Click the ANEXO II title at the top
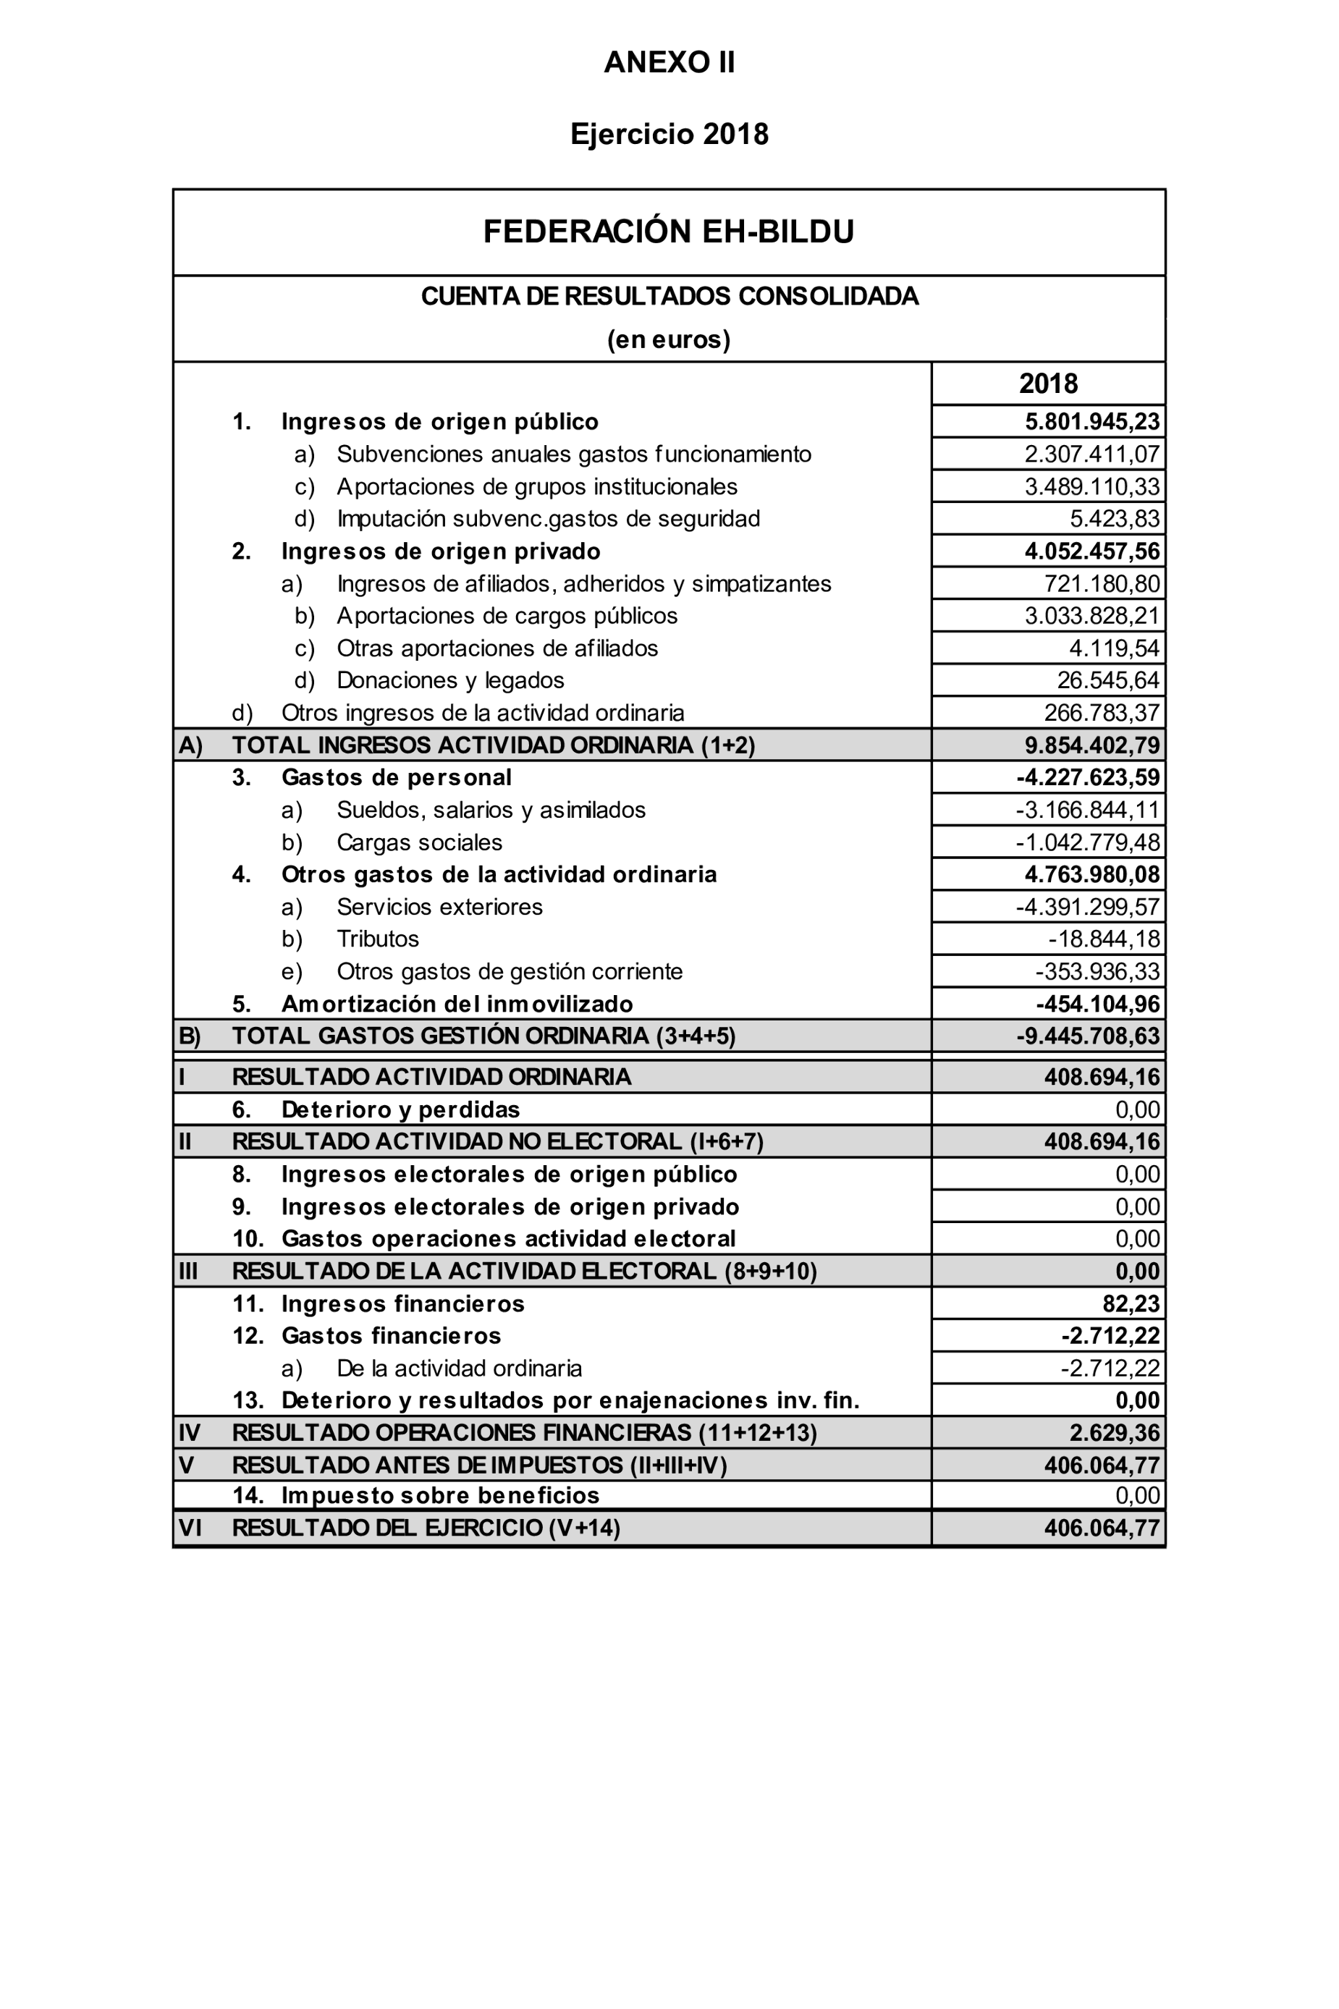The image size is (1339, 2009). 669,62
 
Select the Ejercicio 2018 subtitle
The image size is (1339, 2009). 669,134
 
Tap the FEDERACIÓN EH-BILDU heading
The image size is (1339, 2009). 669,232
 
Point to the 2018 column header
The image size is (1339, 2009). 1048,384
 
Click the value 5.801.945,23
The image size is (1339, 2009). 1092,422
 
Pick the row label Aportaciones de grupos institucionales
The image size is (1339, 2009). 536,486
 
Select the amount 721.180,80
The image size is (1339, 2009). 1102,584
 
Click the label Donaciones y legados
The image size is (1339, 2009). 450,680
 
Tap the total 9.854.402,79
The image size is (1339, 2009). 1092,745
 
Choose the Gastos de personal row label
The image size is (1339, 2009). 396,778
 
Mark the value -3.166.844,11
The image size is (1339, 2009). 1087,811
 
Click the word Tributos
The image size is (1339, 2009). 377,939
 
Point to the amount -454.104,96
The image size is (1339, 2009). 1097,1004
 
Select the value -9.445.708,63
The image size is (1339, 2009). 1087,1036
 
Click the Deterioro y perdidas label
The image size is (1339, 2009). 400,1110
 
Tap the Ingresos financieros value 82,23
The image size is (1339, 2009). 1131,1304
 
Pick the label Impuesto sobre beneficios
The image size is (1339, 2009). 440,1495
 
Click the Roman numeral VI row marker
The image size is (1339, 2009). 190,1528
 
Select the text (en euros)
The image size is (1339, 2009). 669,340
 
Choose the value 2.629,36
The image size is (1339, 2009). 1115,1433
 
